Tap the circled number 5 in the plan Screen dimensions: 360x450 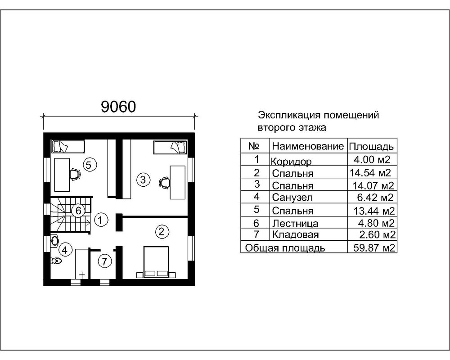(89, 165)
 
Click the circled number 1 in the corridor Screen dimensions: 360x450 (102, 220)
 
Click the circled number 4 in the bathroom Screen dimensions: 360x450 (65, 249)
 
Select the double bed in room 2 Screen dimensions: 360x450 (156, 261)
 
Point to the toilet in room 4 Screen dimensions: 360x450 (56, 261)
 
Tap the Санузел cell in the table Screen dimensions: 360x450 (289, 197)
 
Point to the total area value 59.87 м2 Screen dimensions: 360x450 (372, 247)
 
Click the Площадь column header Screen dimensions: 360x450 (372, 147)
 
